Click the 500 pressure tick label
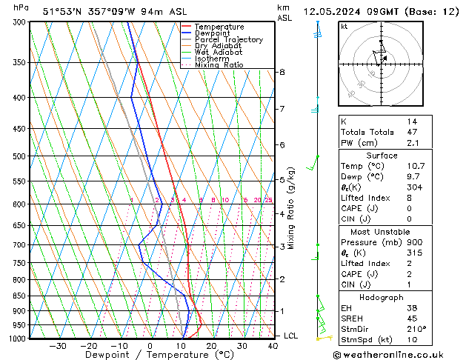(16, 156)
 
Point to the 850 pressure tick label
(16, 296)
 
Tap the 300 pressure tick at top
(16, 22)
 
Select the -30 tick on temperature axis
(57, 346)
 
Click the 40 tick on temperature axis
(273, 346)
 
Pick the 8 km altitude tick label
(282, 72)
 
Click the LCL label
(292, 336)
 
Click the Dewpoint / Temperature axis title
(149, 356)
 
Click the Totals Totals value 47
(411, 131)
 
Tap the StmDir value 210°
(416, 329)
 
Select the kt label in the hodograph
(344, 26)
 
